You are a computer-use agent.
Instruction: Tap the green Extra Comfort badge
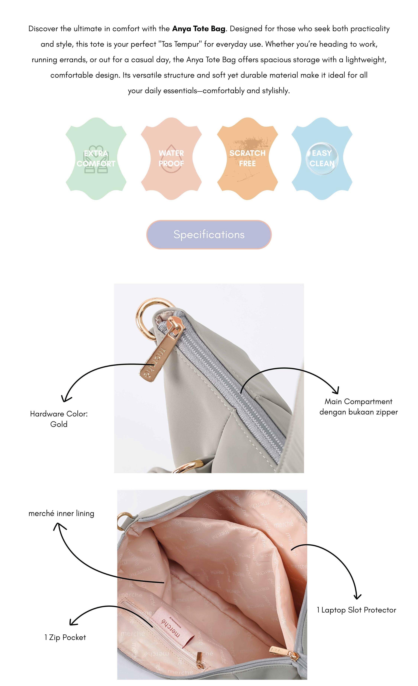[96, 159]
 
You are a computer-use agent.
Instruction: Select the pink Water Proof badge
[171, 159]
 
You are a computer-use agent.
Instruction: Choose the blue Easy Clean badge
[322, 159]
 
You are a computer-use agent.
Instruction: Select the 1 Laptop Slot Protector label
[356, 610]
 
